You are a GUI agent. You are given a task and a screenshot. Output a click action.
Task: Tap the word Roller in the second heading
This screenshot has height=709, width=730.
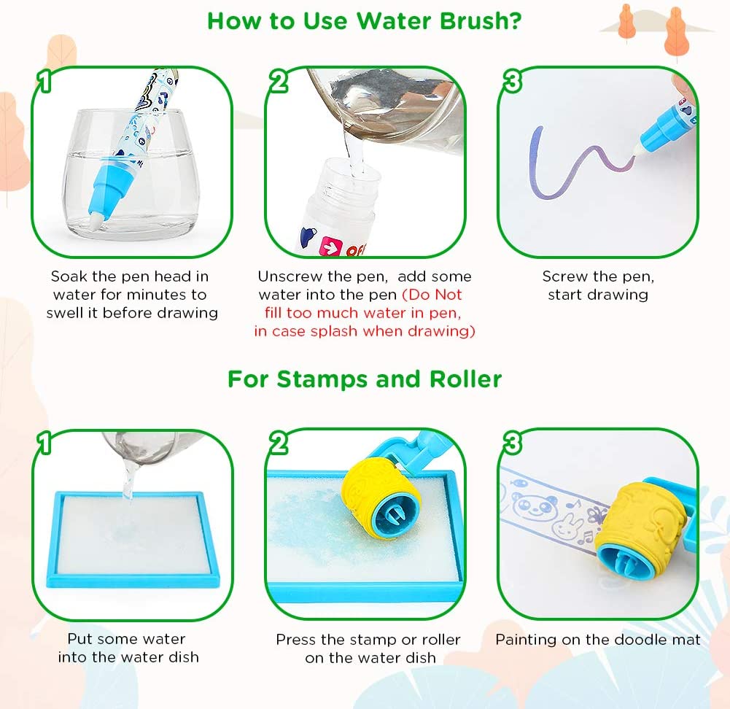click(x=465, y=379)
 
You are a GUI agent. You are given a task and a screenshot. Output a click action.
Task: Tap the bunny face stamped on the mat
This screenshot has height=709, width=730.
click(x=568, y=527)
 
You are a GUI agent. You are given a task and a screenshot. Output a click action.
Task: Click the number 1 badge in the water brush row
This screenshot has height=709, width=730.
click(x=44, y=81)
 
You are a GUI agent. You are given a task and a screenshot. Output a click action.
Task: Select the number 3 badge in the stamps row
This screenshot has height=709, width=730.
click(x=512, y=442)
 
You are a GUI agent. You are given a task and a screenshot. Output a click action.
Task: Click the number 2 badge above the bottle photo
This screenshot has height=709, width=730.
click(x=279, y=80)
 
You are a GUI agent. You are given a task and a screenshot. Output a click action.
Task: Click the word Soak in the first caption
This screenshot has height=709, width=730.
click(x=69, y=276)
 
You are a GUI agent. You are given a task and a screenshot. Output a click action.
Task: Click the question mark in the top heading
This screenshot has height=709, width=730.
click(x=516, y=21)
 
